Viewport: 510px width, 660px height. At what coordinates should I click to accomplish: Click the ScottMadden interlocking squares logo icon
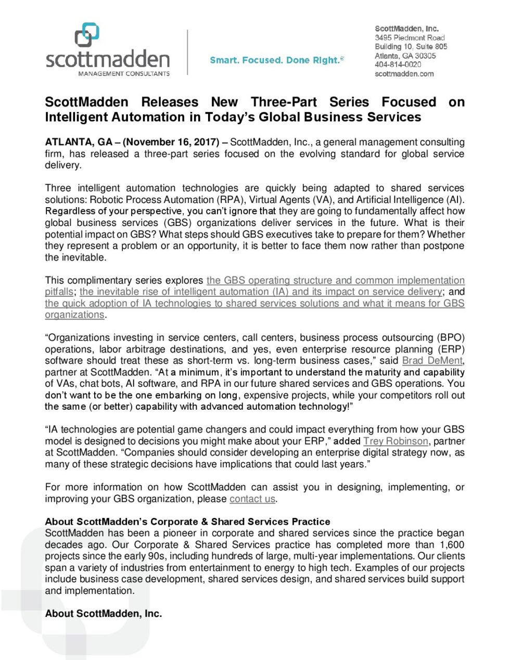pos(87,34)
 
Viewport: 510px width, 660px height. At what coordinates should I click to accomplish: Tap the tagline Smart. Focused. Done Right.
pos(276,60)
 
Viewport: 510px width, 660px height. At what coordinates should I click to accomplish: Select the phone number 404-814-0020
pos(398,65)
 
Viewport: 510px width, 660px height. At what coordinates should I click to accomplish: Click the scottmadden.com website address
pos(404,74)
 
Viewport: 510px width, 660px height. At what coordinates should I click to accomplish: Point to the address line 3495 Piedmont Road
pos(410,38)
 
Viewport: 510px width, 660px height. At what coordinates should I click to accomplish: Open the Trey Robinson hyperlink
pos(396,441)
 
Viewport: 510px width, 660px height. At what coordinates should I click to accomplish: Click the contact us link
pos(252,499)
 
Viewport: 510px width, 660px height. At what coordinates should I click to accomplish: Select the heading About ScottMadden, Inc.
pos(104,614)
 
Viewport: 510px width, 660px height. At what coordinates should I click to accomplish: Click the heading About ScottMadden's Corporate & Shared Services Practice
pos(187,522)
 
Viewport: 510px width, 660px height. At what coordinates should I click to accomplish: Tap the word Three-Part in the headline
pos(284,102)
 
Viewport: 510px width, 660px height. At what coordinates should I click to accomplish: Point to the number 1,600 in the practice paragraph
pos(452,544)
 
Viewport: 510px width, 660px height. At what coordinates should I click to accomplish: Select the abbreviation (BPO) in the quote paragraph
pos(451,338)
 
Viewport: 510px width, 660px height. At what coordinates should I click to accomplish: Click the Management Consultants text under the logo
pos(124,74)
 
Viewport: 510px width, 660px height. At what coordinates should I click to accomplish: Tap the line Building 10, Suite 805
pos(411,47)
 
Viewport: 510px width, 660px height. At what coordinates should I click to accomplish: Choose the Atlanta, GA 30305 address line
pos(405,56)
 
